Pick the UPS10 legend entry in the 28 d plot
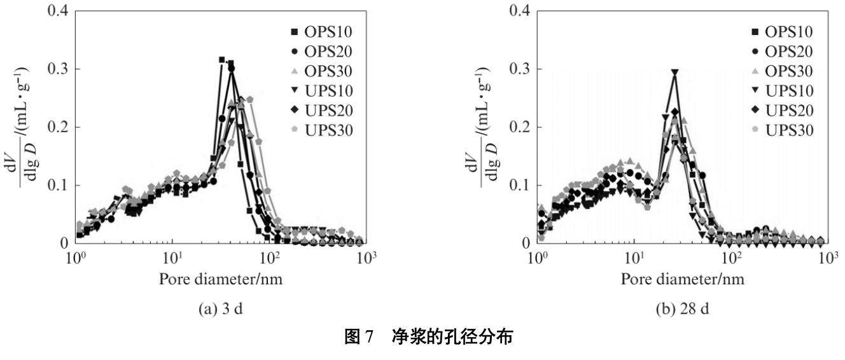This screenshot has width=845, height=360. [782, 91]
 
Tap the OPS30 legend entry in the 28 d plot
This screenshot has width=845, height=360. [782, 71]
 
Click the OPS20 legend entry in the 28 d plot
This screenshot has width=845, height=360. [782, 52]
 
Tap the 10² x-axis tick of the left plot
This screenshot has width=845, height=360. [270, 257]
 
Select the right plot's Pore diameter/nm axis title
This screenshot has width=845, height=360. [683, 279]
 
